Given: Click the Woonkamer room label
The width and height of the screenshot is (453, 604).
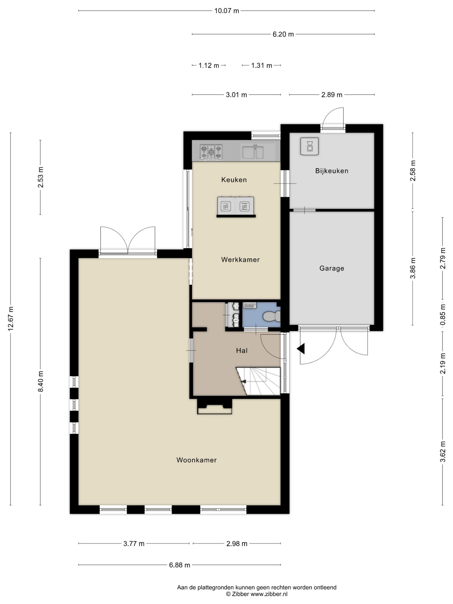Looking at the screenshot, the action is click(196, 460).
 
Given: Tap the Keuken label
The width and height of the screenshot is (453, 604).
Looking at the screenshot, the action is click(234, 180).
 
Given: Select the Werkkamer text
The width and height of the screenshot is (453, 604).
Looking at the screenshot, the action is click(240, 260).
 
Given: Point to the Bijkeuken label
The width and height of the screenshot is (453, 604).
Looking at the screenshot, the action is click(332, 171).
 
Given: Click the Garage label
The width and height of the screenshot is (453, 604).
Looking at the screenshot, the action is click(332, 268).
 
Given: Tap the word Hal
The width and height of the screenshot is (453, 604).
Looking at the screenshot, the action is click(242, 351).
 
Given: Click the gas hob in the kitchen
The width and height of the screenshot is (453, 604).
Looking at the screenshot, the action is click(211, 152).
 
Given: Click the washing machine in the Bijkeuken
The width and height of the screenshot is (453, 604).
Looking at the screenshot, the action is click(309, 146).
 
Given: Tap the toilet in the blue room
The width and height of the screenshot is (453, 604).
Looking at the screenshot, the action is click(271, 316).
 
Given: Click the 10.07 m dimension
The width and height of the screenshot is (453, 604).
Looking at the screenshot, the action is click(227, 11).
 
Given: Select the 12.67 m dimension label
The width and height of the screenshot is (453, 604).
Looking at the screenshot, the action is click(11, 319).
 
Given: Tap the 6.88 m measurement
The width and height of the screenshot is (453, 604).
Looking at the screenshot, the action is click(179, 565).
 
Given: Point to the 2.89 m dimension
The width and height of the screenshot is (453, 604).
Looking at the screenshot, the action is click(332, 95).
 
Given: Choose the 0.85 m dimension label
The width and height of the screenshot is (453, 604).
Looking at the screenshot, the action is click(443, 315).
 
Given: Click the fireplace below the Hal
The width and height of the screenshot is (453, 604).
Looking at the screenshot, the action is click(215, 407).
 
